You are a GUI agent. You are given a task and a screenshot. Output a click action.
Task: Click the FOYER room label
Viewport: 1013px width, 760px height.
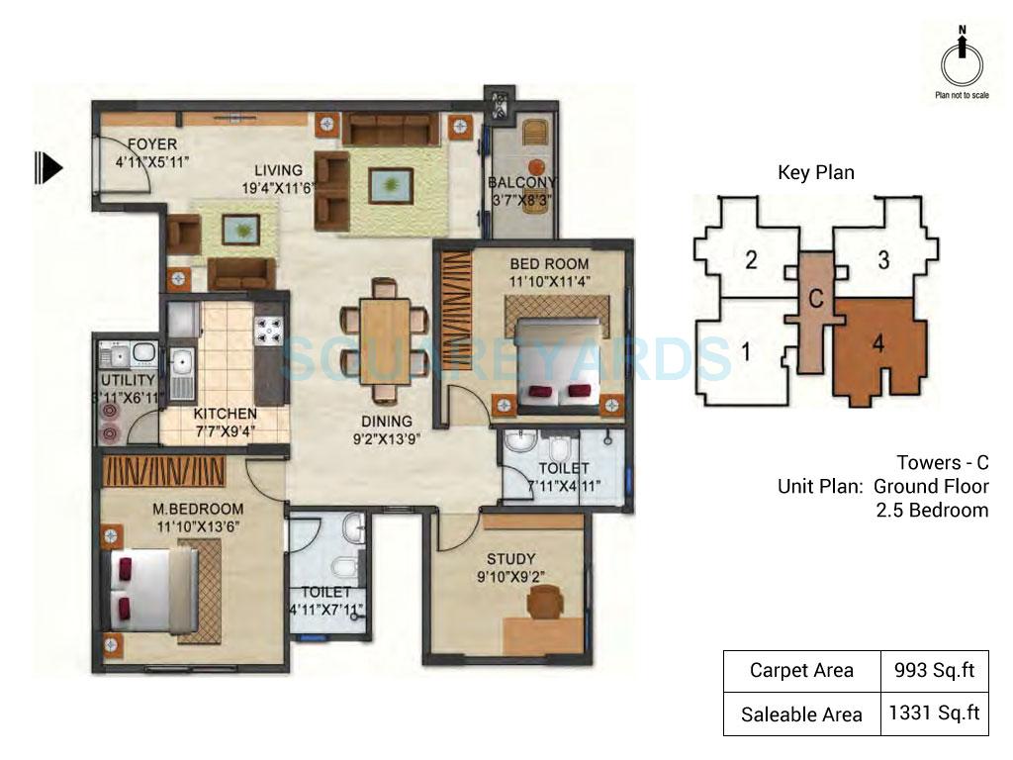coord(151,144)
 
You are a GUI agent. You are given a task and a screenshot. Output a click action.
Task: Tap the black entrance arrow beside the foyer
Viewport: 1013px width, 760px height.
coord(48,167)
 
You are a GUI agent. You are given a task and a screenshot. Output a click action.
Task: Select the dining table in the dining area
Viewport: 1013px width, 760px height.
coord(384,333)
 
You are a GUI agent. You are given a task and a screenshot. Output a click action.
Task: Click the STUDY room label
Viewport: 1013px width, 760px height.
coord(512,559)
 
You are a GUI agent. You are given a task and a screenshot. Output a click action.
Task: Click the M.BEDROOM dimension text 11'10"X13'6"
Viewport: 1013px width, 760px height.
coord(198,525)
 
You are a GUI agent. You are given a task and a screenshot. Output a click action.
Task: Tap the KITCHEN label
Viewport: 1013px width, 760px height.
coord(226,413)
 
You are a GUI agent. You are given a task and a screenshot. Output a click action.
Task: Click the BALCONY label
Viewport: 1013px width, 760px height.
coord(521,183)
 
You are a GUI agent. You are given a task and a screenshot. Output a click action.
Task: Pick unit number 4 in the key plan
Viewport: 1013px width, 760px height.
coord(877,343)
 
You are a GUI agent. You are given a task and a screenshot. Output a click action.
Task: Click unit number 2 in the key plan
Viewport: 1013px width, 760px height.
coord(751,261)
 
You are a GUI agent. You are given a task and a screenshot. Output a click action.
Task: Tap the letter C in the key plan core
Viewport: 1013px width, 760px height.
coord(816,298)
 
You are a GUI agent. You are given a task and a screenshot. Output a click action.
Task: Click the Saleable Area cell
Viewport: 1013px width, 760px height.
coord(800,713)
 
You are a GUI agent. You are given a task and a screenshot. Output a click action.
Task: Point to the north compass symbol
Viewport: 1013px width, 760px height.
coord(962,61)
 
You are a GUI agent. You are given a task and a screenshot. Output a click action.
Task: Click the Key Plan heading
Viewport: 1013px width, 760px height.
coord(815,173)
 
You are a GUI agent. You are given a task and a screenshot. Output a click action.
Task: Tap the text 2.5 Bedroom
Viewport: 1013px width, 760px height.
coord(932,510)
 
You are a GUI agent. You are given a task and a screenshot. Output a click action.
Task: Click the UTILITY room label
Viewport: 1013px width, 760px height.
coord(128,380)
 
